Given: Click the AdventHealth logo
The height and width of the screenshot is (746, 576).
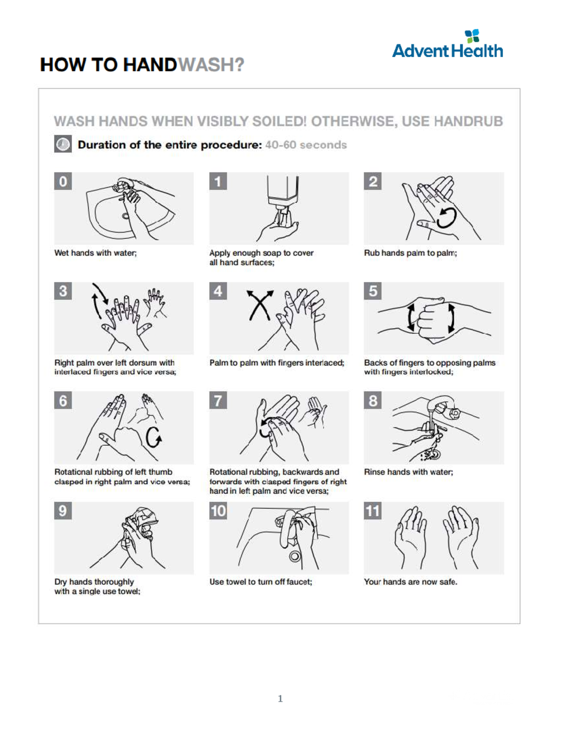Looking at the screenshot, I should point(447,45).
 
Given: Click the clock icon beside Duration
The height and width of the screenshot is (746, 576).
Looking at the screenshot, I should point(63,144).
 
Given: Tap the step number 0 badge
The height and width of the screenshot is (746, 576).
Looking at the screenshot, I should point(63,182).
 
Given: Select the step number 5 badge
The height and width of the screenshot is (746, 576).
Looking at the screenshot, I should point(373,291).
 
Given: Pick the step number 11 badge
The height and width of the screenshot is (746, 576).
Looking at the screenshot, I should point(373,511).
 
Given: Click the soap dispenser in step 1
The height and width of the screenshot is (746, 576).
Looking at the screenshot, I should point(283,192).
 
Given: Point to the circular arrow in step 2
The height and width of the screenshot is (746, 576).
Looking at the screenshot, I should point(446,218).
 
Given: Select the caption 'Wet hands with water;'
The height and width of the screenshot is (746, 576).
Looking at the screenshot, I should point(96,253).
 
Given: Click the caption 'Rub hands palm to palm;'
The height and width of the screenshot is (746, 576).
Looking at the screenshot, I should point(410,253).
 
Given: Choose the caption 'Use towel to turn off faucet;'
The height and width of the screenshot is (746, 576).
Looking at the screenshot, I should point(261,582).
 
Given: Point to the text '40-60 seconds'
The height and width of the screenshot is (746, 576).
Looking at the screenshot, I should point(306,145).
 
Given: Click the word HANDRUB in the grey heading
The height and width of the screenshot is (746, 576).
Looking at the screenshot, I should point(468,122).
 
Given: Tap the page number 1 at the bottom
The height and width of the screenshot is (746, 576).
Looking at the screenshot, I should point(280,699).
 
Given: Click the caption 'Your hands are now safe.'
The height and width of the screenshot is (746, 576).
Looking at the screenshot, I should point(410,582).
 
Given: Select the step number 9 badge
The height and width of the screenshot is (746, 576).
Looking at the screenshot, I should point(63,511).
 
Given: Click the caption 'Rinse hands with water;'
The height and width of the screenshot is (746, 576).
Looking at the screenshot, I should point(408,472).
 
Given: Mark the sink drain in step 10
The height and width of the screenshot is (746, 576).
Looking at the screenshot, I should point(294,556).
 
